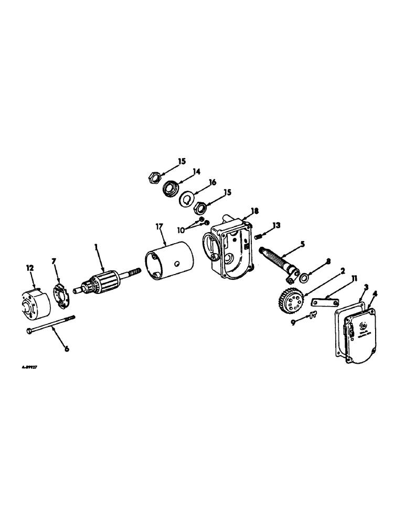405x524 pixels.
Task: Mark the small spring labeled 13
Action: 258,236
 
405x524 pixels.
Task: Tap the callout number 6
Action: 66,349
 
